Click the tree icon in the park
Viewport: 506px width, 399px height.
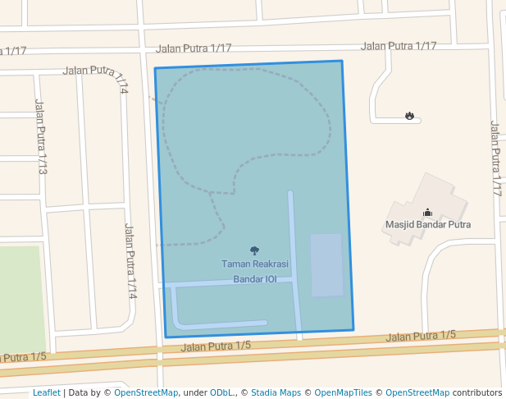pos(254,250)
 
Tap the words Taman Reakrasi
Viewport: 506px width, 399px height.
pos(254,264)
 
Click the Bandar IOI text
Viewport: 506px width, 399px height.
pos(255,279)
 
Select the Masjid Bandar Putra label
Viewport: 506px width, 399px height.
pos(428,224)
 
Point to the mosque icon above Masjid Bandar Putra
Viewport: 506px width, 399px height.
pos(427,212)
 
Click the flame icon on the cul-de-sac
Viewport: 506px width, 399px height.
pos(409,116)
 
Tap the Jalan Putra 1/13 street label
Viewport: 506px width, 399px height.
pos(40,136)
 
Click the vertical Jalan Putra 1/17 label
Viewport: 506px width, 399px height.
pos(495,158)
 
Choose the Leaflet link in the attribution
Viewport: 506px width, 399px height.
pos(46,392)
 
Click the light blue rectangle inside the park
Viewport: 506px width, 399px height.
pos(326,264)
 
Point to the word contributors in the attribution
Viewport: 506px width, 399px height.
pos(476,392)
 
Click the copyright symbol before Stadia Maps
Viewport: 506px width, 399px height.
pos(244,392)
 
